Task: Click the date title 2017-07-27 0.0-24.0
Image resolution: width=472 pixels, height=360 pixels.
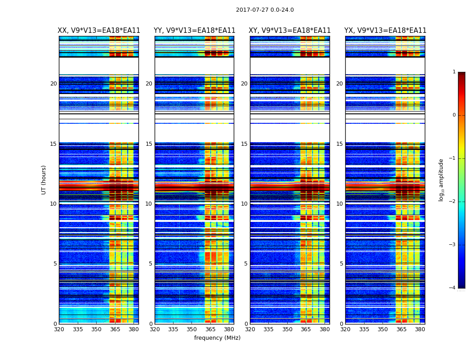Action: pos(265,10)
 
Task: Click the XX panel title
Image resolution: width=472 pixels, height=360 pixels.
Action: pos(99,31)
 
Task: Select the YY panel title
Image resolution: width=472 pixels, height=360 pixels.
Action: pos(194,31)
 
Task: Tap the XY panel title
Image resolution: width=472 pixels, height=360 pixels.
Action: pos(290,31)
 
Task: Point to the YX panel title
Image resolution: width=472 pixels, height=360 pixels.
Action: pos(385,31)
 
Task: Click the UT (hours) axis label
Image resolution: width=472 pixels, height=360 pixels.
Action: pos(44,180)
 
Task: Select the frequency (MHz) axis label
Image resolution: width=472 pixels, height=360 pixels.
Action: pos(217,338)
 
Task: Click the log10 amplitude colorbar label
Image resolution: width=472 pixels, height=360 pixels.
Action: pos(441,180)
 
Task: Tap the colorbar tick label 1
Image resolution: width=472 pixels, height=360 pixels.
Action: pos(454,72)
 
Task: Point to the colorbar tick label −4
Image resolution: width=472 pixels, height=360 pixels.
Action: pos(453,288)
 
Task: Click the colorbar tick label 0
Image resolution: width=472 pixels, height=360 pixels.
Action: pos(454,115)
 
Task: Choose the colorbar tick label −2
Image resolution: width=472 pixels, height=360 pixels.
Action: pos(453,202)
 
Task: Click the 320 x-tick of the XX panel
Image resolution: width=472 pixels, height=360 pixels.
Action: pos(59,329)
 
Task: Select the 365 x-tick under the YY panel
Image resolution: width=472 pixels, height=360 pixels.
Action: pos(210,329)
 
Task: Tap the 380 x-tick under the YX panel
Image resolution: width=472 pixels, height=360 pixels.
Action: pos(420,329)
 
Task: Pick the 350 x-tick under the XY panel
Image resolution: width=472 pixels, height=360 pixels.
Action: pos(287,329)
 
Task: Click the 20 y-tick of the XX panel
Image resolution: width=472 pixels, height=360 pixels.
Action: pos(53,84)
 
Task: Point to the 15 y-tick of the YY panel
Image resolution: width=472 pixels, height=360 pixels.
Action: pos(149,144)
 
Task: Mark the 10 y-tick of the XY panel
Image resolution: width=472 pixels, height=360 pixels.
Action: pos(244,204)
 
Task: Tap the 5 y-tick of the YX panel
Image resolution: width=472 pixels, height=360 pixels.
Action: pos(342,264)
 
